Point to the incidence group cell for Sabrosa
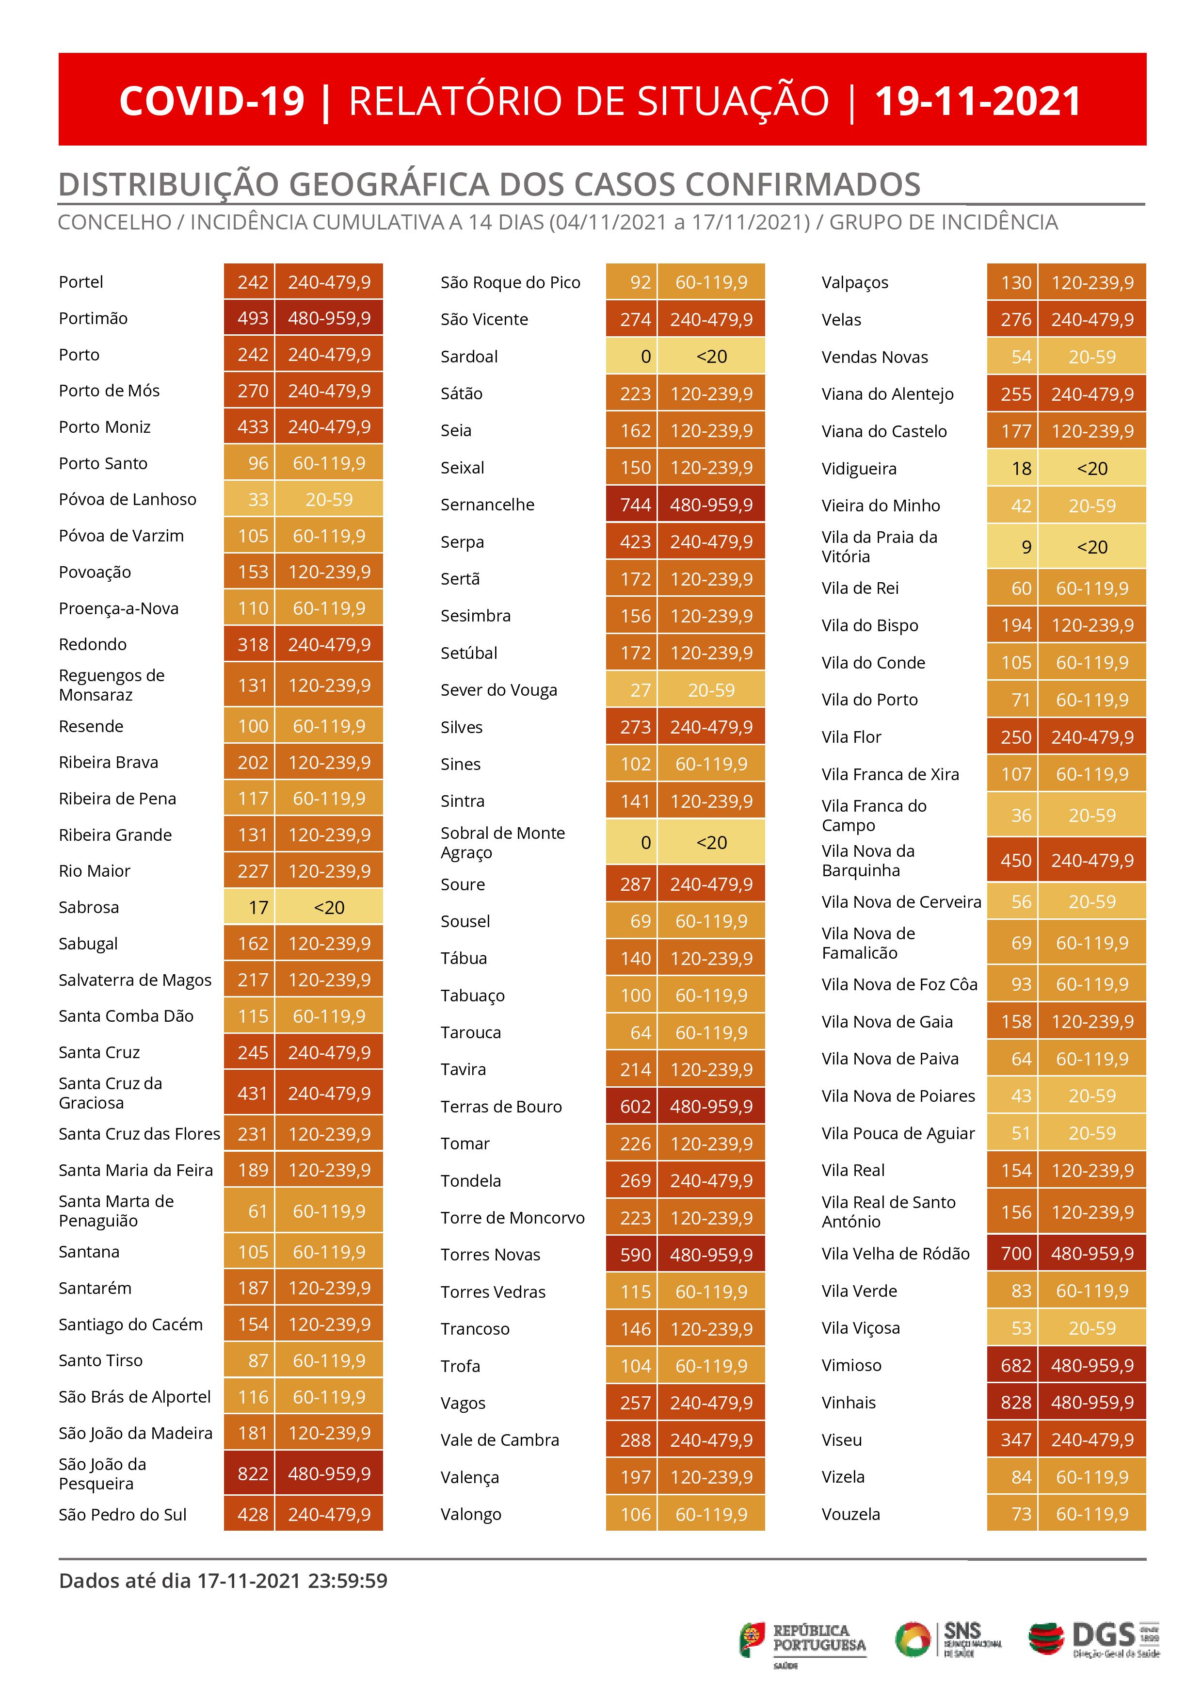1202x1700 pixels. (329, 908)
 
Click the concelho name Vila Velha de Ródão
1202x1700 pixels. (896, 1254)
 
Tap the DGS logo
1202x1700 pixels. (1094, 1639)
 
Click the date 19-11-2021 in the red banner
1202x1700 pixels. (978, 101)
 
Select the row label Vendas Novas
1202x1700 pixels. (875, 358)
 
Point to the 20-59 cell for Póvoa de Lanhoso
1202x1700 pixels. (329, 500)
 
